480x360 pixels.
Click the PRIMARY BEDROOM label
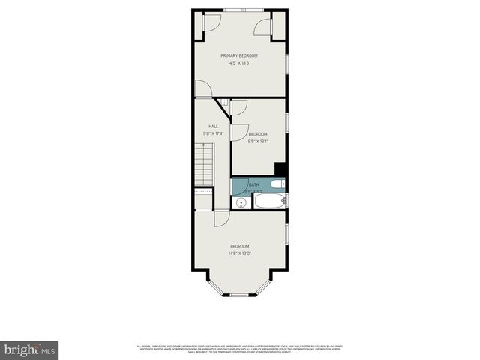(239, 55)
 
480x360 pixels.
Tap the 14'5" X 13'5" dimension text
(239, 63)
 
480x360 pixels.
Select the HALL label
(214, 126)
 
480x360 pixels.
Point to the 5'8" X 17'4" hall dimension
(214, 133)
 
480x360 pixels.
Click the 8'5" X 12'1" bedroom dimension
(258, 141)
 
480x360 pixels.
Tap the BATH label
(253, 184)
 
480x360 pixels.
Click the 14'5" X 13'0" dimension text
(239, 253)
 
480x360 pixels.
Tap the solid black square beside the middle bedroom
(280, 169)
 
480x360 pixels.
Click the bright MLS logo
(29, 349)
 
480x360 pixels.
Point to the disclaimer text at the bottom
(239, 348)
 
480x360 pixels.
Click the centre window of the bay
(239, 295)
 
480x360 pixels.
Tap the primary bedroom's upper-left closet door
(211, 23)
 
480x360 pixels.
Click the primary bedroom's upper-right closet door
(262, 28)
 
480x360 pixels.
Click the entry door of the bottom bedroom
(222, 218)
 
